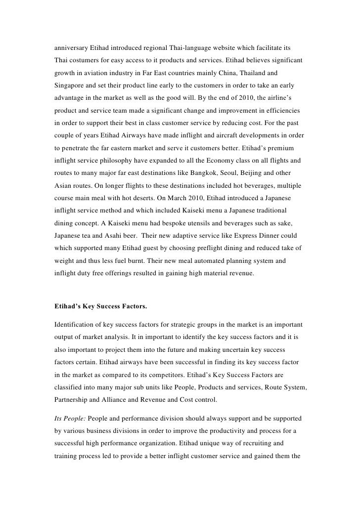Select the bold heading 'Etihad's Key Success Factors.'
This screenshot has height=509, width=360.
click(x=100, y=306)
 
